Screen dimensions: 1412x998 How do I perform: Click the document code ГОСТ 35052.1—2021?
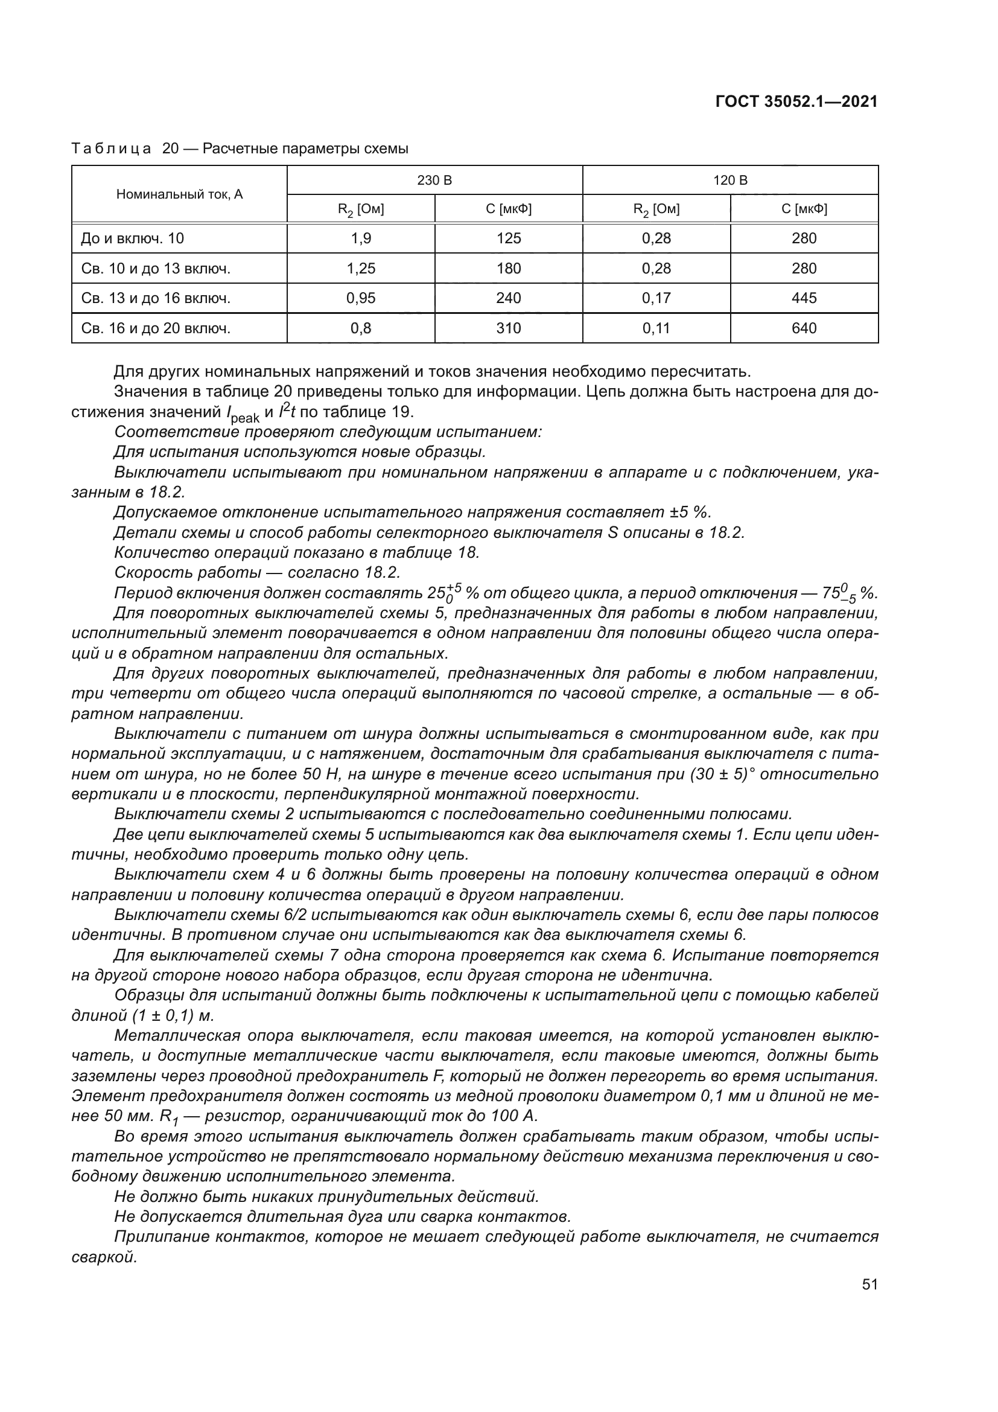(x=796, y=102)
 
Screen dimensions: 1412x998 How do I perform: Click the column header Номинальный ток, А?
(x=179, y=194)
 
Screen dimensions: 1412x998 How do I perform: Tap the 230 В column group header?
(x=434, y=180)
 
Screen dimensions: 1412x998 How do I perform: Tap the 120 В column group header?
(x=730, y=180)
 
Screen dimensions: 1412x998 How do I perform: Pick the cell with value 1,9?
(x=361, y=238)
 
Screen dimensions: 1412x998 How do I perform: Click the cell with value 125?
(x=508, y=238)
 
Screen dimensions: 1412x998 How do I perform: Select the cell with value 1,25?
(x=361, y=268)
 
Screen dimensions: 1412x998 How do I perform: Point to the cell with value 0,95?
(x=361, y=298)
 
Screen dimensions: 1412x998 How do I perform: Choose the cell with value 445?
(x=804, y=298)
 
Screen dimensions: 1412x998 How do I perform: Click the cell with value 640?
(x=804, y=328)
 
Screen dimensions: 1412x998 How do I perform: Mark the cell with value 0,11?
(x=656, y=328)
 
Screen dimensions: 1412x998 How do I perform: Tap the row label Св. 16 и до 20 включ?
(x=156, y=328)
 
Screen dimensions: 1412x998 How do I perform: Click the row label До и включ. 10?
(x=132, y=238)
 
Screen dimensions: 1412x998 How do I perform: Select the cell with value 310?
(x=508, y=328)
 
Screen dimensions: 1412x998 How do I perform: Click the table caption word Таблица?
(x=111, y=149)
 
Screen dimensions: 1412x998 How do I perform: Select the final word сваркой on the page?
(x=104, y=1257)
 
